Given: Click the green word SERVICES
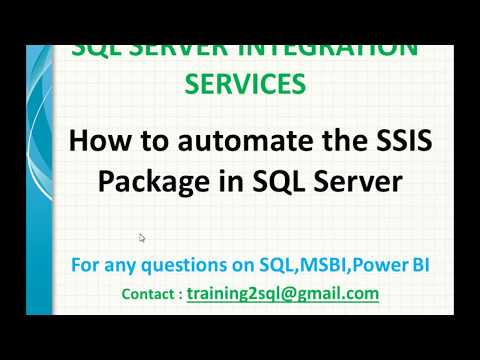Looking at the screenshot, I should pyautogui.click(x=245, y=86).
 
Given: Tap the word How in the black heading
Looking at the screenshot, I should pyautogui.click(x=96, y=141).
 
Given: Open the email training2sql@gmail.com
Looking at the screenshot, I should pyautogui.click(x=283, y=294).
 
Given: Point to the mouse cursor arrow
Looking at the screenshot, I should pyautogui.click(x=142, y=238).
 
